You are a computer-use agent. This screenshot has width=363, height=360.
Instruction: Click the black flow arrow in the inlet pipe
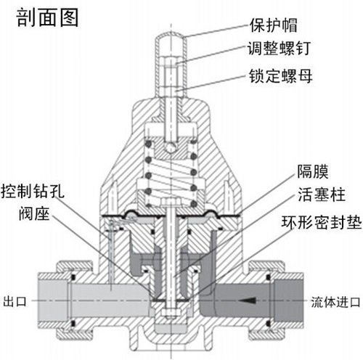(251, 299)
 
